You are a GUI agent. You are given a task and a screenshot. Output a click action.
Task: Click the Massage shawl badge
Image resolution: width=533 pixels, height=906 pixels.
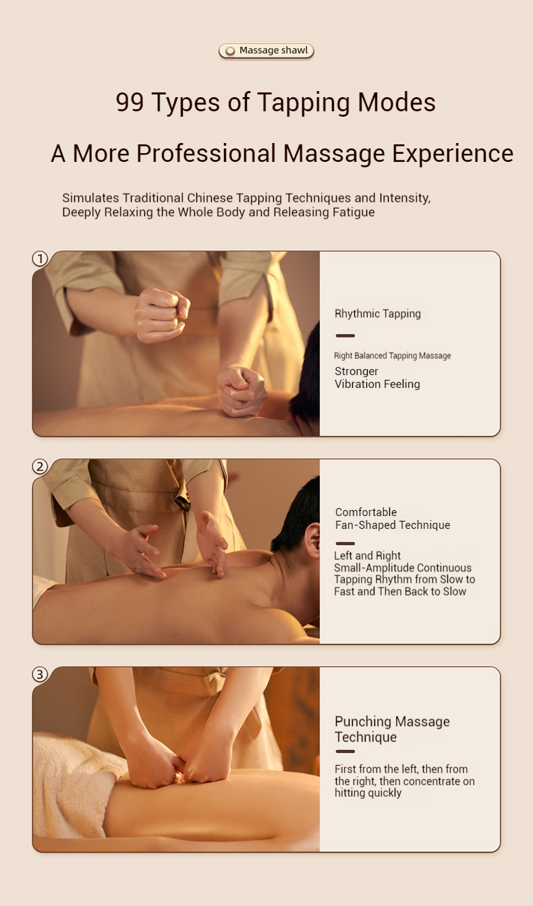coord(266,51)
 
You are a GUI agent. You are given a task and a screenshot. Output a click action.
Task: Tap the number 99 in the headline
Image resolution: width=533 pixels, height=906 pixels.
coord(130,102)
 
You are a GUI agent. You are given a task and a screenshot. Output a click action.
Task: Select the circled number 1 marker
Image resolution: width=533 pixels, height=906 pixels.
coord(40,259)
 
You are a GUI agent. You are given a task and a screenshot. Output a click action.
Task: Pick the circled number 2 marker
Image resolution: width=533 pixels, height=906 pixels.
coord(40,467)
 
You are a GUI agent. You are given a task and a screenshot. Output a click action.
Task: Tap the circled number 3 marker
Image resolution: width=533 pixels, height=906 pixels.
coord(40,674)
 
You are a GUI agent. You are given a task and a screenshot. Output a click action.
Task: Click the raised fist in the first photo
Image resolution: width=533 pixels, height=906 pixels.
coord(162,314)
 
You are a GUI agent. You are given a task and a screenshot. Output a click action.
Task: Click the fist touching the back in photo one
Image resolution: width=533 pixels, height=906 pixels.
coord(242,391)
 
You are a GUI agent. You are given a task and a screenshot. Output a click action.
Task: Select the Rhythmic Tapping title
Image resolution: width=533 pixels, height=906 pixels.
coord(378,314)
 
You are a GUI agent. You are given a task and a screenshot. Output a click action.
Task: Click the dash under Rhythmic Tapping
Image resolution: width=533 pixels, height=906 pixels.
coord(345,336)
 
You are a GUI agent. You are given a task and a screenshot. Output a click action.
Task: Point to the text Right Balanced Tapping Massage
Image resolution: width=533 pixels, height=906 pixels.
coord(392,356)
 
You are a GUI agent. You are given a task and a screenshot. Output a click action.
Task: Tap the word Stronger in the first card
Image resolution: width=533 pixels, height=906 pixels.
coord(356,371)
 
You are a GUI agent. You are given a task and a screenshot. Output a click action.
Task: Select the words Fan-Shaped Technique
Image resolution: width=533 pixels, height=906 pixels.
coord(393,525)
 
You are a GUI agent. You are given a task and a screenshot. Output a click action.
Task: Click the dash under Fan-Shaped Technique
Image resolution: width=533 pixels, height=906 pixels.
coord(345,544)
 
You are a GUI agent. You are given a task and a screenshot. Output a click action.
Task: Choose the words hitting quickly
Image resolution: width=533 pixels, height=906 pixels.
coord(368,793)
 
